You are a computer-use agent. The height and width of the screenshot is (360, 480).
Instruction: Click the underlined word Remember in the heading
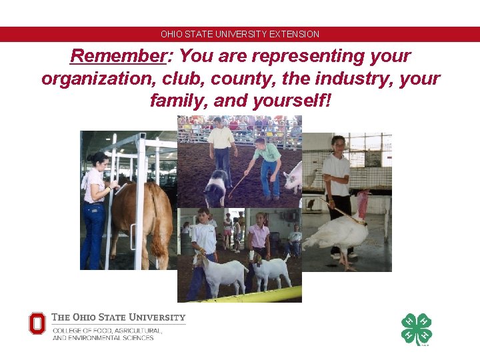pyautogui.click(x=117, y=56)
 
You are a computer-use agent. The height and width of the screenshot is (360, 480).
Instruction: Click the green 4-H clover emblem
pyautogui.click(x=416, y=329)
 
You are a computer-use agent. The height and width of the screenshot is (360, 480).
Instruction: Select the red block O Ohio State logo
pyautogui.click(x=37, y=323)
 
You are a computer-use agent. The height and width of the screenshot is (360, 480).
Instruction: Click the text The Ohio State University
pyautogui.click(x=118, y=317)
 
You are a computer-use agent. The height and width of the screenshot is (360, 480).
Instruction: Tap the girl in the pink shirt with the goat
pyautogui.click(x=259, y=240)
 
